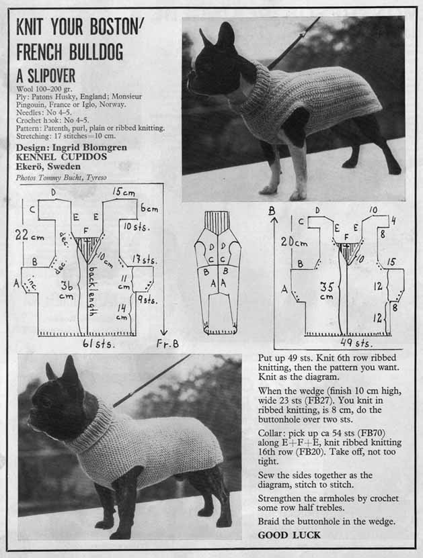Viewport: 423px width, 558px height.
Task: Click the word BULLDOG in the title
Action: [x=96, y=52]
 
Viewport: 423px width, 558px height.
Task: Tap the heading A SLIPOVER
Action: [x=46, y=76]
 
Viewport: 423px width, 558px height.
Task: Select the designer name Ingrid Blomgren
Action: [x=89, y=147]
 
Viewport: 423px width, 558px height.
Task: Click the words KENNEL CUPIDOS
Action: [x=61, y=157]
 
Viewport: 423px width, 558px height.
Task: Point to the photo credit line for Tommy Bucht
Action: [x=61, y=177]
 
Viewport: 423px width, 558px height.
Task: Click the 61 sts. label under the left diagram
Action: [x=99, y=344]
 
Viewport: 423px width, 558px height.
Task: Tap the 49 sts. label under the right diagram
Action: [x=356, y=342]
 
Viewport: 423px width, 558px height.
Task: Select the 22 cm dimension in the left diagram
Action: [x=30, y=235]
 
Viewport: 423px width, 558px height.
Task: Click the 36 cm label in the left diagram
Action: [x=67, y=290]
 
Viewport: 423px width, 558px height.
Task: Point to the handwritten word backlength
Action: [x=91, y=291]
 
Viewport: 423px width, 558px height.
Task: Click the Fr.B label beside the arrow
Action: [x=167, y=344]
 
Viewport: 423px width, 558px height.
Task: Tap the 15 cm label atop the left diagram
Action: [x=124, y=192]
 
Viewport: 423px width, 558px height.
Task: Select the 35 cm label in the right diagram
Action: [x=327, y=291]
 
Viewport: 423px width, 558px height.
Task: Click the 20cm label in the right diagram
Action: [x=294, y=242]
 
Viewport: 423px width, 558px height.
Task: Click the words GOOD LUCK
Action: [x=289, y=535]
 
